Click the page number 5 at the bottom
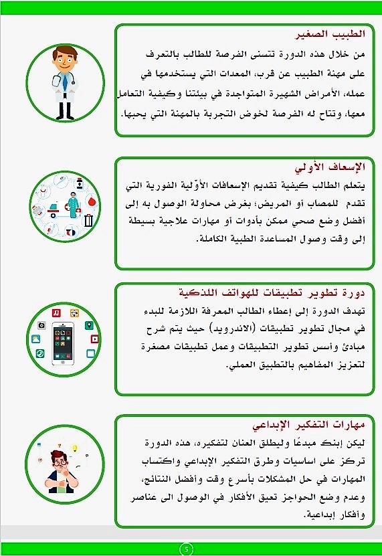pos(187,549)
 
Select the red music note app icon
pos(58,312)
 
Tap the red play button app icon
pos(95,338)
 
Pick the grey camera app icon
pos(41,325)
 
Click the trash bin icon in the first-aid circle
pos(88,220)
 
